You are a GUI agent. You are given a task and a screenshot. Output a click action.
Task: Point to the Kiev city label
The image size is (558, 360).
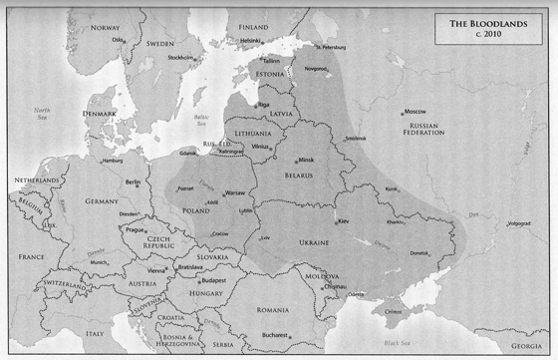click(344, 220)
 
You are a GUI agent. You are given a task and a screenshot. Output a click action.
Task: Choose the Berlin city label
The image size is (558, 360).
click(132, 182)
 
